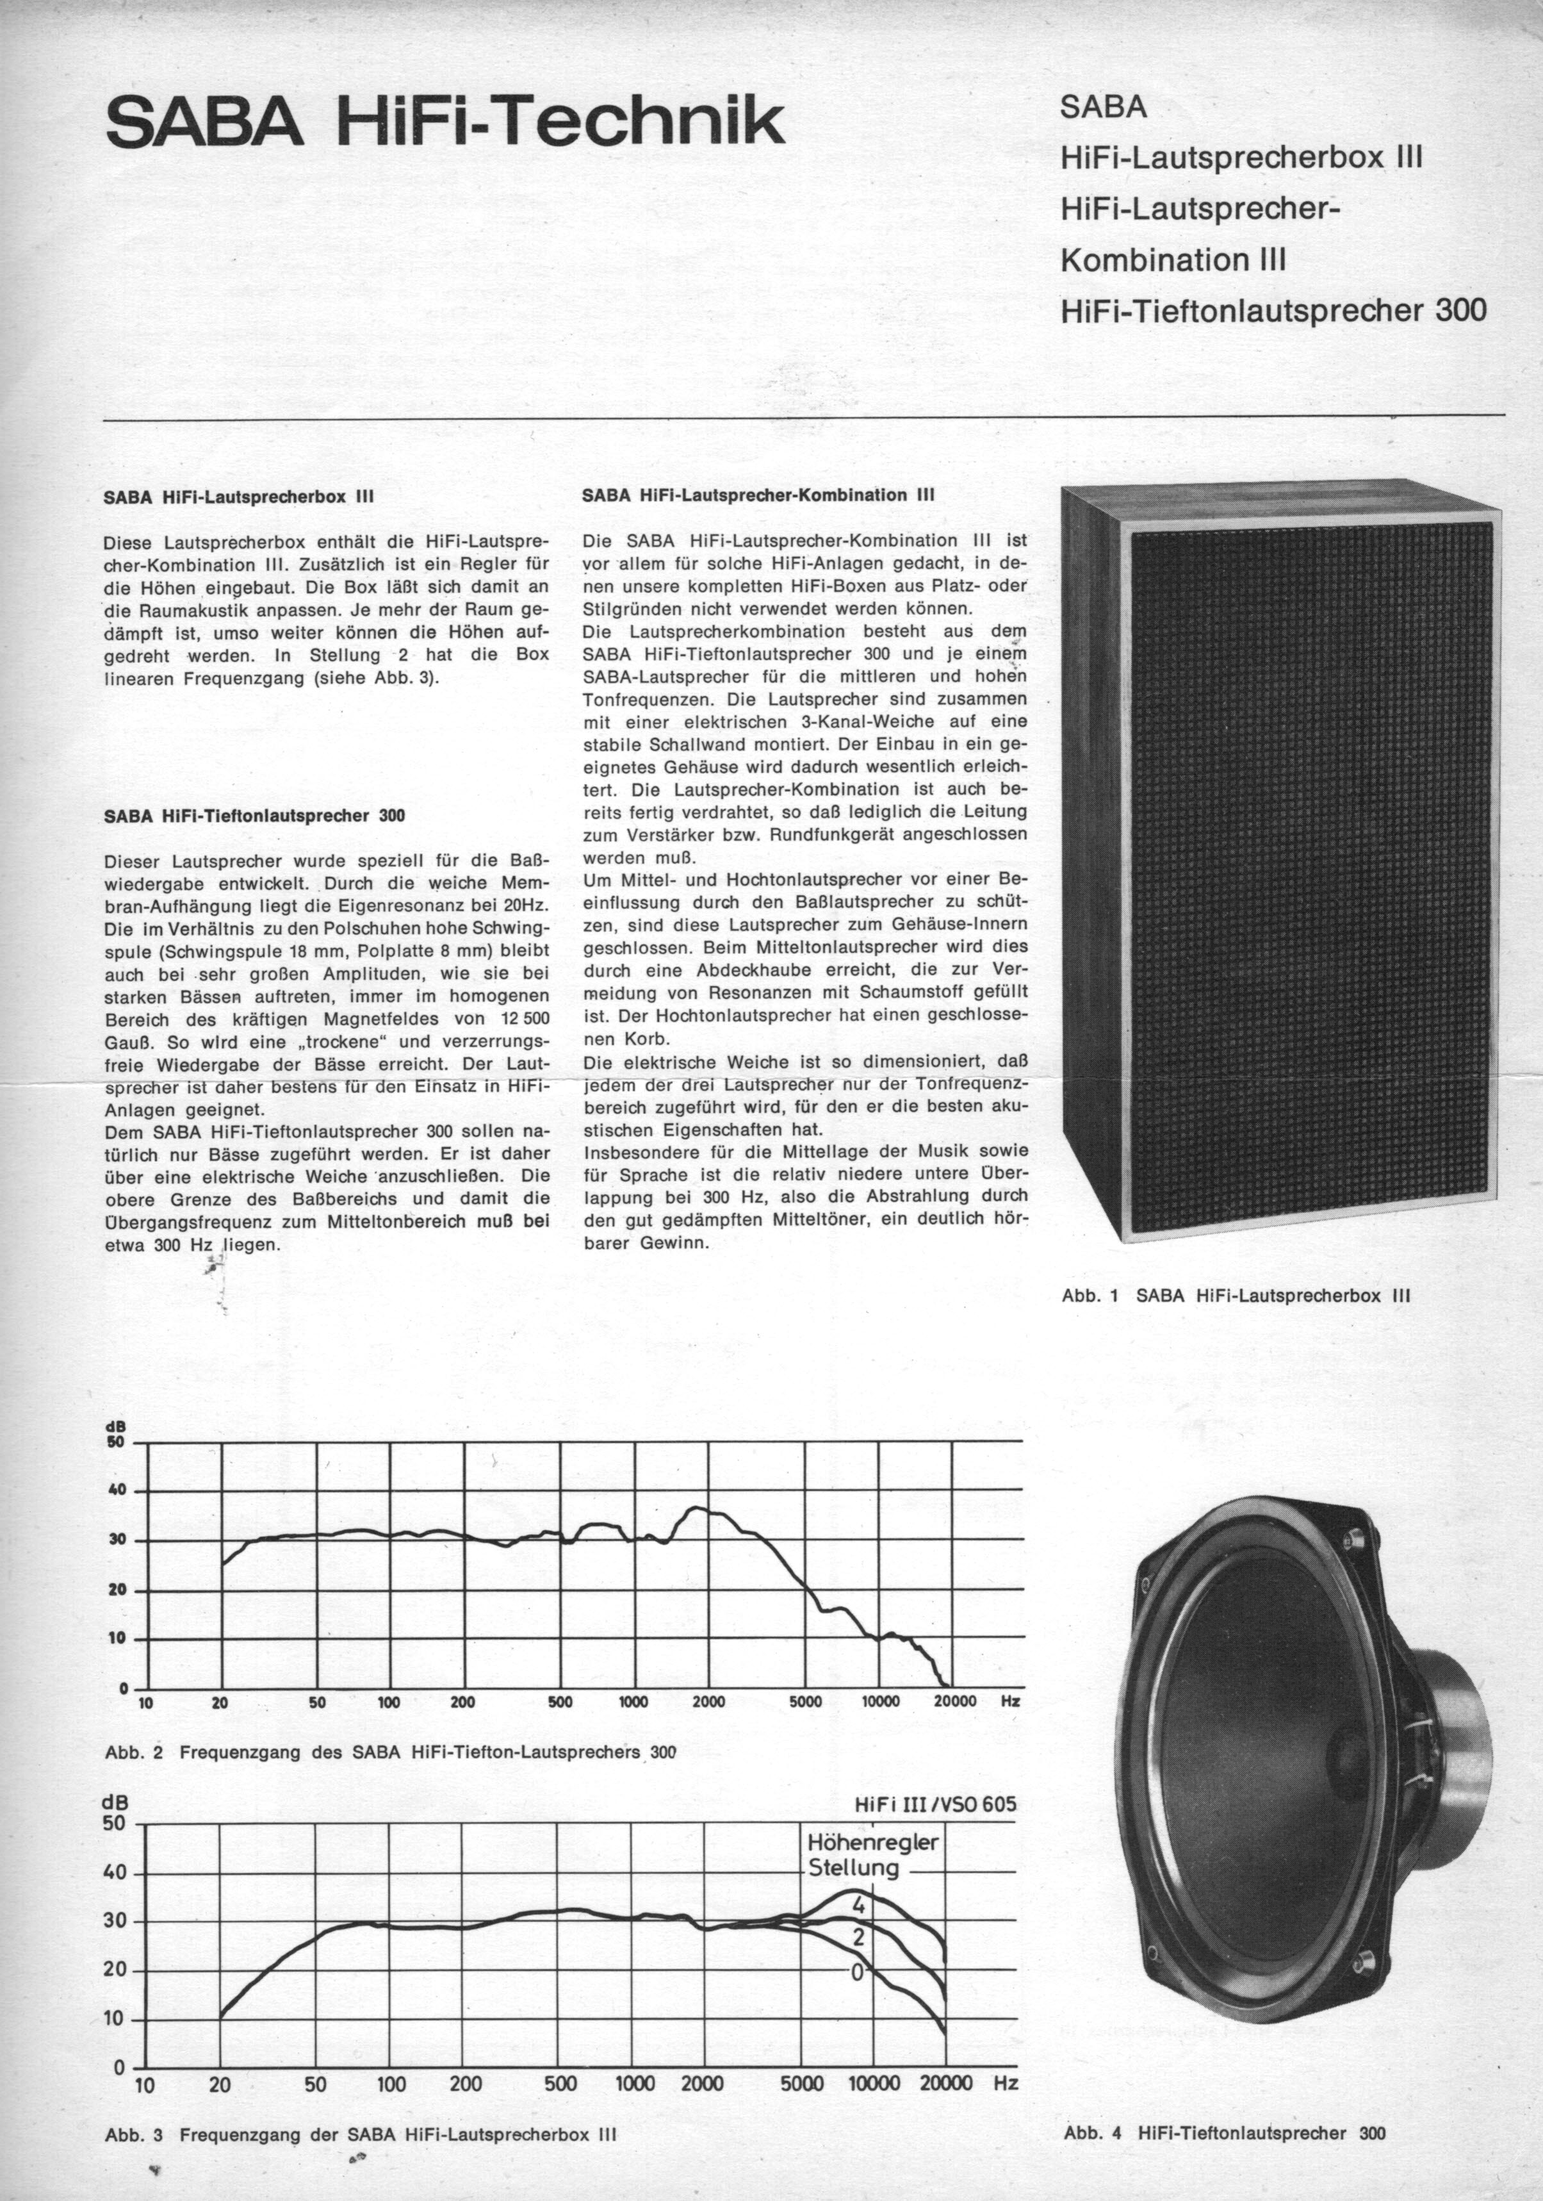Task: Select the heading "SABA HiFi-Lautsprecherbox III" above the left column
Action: tap(238, 497)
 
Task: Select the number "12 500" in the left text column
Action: tap(516, 1018)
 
